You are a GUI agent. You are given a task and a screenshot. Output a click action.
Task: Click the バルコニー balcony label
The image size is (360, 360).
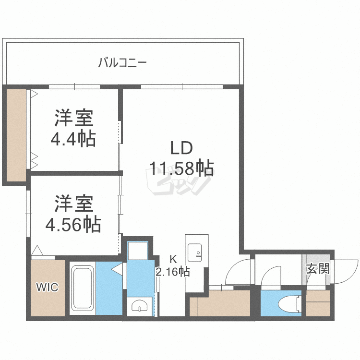pos(122,62)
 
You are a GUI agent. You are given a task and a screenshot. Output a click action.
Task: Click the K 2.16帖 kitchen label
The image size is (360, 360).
pos(172,267)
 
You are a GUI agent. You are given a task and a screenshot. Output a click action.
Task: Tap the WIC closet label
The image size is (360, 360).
pos(48,288)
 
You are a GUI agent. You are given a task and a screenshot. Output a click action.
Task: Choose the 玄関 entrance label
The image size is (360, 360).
pos(318,269)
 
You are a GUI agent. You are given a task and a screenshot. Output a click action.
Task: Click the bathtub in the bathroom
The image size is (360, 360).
pos(83,288)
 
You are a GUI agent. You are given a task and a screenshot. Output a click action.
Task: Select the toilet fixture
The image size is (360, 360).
pos(291,303)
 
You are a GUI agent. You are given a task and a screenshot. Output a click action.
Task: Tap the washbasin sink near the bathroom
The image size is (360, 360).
pos(140,305)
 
